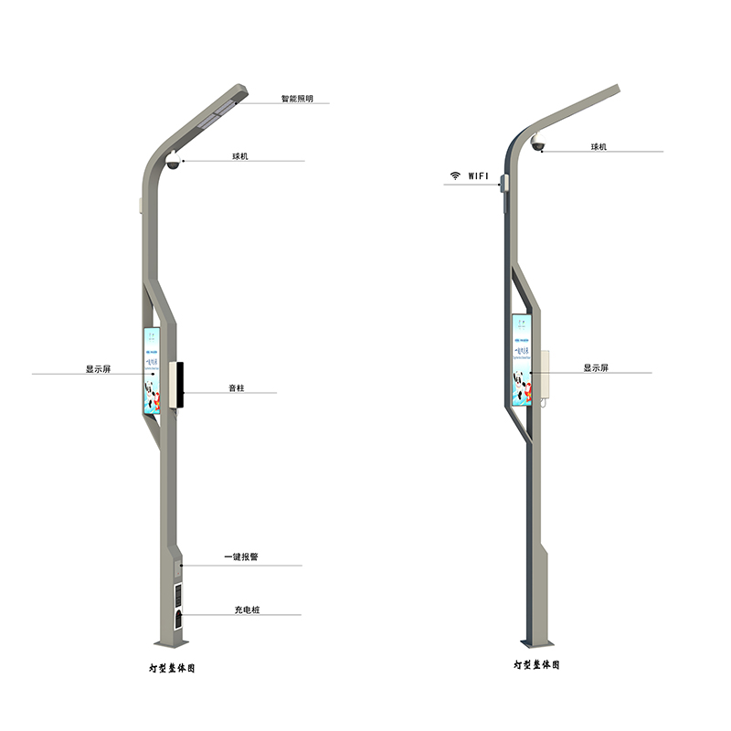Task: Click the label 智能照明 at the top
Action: (298, 98)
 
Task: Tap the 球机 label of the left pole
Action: (240, 156)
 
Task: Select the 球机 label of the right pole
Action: (599, 147)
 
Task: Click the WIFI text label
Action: (479, 175)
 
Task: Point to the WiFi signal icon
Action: (454, 175)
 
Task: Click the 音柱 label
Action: (237, 388)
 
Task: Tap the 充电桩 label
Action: (242, 609)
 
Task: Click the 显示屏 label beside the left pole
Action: (98, 369)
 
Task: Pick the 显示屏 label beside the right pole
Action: (596, 368)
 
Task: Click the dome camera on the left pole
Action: (173, 163)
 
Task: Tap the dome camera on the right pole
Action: (538, 146)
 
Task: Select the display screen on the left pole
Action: (152, 368)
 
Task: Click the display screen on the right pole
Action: (522, 361)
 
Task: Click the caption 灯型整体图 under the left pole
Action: (174, 668)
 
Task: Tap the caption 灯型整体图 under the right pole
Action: (536, 664)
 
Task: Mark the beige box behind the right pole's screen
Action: (545, 376)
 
